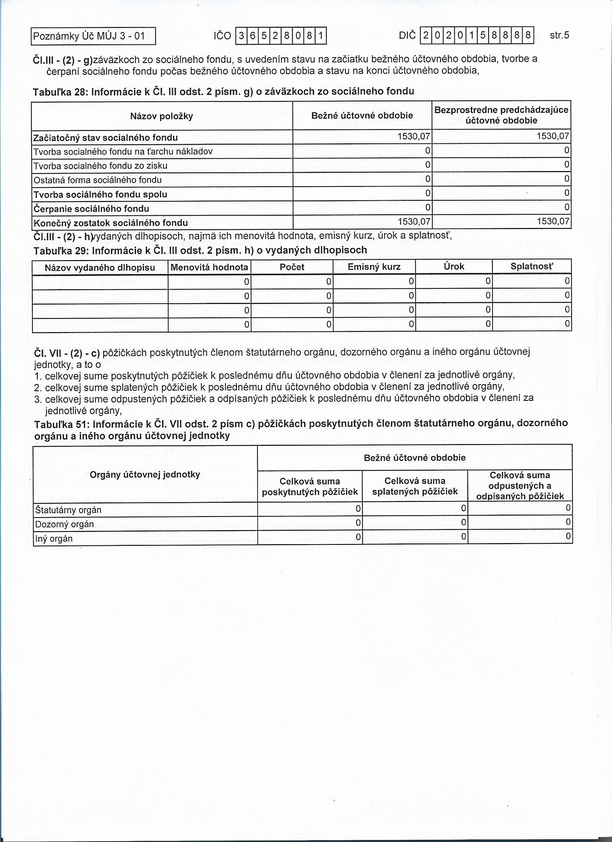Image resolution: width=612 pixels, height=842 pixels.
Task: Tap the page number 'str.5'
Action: (559, 35)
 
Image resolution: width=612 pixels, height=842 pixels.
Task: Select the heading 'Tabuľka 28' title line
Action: (224, 91)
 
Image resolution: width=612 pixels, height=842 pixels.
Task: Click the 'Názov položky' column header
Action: (161, 116)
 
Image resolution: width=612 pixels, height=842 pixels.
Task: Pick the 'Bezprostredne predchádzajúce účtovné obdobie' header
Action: (501, 115)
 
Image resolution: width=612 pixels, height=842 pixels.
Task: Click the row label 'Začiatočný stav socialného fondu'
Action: (106, 138)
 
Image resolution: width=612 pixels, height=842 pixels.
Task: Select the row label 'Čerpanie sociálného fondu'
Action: (91, 209)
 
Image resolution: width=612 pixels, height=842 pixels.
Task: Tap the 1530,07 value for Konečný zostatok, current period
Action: (414, 222)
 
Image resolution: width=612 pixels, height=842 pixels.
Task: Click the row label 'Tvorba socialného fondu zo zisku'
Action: (100, 166)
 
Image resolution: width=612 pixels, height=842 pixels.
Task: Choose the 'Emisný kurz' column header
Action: (374, 267)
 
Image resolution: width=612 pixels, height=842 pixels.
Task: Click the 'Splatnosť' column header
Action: (531, 267)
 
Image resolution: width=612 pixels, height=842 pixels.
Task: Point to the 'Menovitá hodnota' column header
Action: (209, 267)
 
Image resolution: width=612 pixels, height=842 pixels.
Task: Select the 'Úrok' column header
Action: (454, 267)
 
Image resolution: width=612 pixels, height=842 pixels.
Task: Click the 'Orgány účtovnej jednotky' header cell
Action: (145, 474)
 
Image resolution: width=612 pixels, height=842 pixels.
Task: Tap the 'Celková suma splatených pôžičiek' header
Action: (415, 486)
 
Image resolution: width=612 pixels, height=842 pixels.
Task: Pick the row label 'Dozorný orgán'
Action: (64, 524)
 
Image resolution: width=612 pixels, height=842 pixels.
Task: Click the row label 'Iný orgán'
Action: (54, 539)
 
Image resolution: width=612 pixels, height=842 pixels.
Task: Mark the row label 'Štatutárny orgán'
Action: (68, 510)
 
